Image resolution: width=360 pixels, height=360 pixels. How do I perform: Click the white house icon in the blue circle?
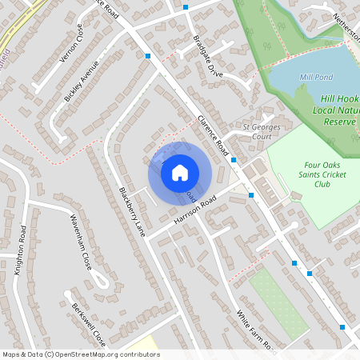tap(180, 172)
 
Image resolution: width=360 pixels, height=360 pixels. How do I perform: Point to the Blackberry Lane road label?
tap(133, 210)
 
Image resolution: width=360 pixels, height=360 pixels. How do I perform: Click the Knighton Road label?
tap(21, 250)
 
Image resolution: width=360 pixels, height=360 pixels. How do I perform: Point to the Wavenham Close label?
tap(80, 242)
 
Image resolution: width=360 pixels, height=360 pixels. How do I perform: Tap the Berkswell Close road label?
tap(88, 324)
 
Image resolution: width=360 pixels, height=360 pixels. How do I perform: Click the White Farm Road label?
tap(257, 331)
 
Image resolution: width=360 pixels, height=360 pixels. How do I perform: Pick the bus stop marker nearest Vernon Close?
tap(148, 56)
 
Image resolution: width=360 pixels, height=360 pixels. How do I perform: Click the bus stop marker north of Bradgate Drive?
tap(186, 7)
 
